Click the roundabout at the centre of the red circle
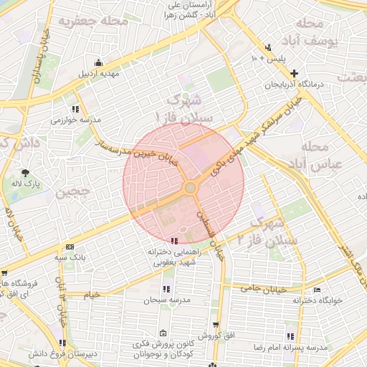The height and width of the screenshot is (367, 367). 190,188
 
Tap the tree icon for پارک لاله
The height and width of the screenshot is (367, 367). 26,173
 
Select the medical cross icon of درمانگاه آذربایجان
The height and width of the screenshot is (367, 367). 295,73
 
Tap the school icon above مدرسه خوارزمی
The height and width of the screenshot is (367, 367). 75,109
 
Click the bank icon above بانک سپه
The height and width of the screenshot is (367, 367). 70,246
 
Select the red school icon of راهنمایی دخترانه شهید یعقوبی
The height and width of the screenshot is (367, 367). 175,240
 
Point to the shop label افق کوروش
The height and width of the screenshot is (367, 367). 214,335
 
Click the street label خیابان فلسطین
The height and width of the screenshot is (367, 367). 211,234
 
